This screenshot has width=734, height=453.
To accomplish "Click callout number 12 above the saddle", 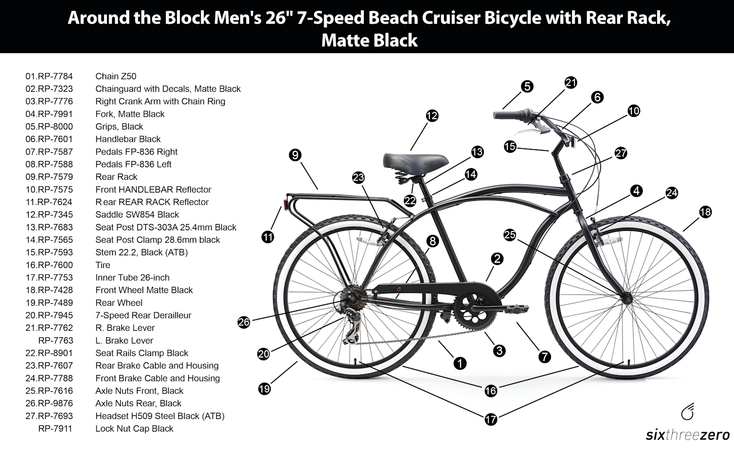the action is pyautogui.click(x=432, y=116).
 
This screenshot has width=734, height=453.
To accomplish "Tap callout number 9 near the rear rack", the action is pyautogui.click(x=295, y=155).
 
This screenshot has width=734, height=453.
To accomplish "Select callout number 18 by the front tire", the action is pyautogui.click(x=705, y=212).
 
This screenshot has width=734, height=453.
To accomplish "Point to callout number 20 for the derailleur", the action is pyautogui.click(x=264, y=354).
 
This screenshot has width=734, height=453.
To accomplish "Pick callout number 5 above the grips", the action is pyautogui.click(x=527, y=86).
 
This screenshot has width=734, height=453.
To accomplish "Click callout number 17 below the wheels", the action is pyautogui.click(x=490, y=419).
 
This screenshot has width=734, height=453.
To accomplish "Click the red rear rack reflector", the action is pyautogui.click(x=280, y=205).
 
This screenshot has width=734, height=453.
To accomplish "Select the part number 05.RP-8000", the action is pyautogui.click(x=49, y=126).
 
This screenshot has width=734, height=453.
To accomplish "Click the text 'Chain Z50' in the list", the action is pyautogui.click(x=116, y=76).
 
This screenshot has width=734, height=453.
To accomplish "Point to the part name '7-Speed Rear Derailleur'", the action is pyautogui.click(x=143, y=315).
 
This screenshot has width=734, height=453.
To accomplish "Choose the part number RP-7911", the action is pyautogui.click(x=55, y=429).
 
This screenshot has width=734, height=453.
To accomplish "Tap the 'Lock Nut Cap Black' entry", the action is pyautogui.click(x=134, y=429).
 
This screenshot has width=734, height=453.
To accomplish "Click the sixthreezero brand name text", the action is pyautogui.click(x=688, y=435).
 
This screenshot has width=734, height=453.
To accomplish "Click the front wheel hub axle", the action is pyautogui.click(x=626, y=297).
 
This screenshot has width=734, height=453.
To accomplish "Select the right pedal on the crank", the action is pyautogui.click(x=515, y=309).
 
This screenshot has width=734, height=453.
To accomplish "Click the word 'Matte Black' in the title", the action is pyautogui.click(x=370, y=40).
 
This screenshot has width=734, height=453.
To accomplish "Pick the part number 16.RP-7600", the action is pyautogui.click(x=49, y=265).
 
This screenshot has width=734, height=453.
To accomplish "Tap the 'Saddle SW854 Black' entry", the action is pyautogui.click(x=137, y=215).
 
